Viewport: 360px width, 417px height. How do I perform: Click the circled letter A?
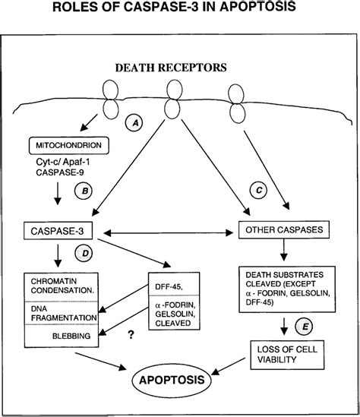tap(134, 123)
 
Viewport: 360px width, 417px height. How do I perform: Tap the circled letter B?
tap(84, 191)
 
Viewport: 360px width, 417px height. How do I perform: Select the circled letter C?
tap(258, 190)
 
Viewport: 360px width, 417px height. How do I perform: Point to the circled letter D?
tap(84, 253)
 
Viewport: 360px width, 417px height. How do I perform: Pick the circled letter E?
tap(304, 327)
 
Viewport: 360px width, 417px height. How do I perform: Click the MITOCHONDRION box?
tap(69, 146)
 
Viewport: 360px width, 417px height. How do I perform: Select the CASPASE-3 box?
tap(58, 231)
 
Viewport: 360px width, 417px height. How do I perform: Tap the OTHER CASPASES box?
tap(284, 229)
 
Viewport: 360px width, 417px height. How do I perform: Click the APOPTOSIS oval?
tap(172, 380)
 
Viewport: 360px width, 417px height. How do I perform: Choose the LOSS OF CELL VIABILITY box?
tap(287, 355)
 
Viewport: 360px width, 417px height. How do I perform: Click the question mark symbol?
tap(131, 334)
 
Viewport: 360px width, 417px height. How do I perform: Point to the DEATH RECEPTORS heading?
tap(171, 68)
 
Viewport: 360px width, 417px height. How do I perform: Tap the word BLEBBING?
tap(71, 336)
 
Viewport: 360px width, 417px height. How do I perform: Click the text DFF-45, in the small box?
tap(169, 287)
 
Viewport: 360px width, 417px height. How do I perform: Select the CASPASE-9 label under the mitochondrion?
tap(60, 172)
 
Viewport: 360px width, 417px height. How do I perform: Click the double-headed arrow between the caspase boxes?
tap(169, 233)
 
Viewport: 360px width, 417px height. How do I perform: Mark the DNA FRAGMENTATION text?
tap(64, 313)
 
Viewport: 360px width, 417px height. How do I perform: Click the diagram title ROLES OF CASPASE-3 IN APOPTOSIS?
tap(174, 6)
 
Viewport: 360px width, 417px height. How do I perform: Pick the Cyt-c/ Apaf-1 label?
tap(63, 162)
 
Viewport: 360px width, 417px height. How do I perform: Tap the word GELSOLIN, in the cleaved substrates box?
tap(175, 314)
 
